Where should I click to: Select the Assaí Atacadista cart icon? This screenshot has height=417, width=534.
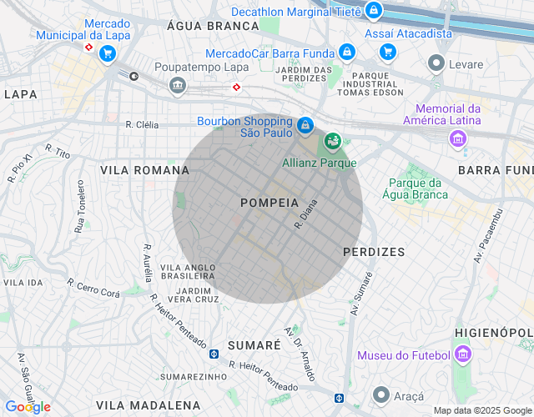point(387,52)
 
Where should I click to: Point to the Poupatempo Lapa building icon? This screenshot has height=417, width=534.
point(177,84)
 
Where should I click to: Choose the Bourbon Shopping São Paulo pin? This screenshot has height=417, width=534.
point(305,125)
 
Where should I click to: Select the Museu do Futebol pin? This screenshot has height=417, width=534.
point(463,356)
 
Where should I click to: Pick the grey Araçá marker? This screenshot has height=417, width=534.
point(381,394)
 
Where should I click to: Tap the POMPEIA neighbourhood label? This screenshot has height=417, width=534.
point(269,203)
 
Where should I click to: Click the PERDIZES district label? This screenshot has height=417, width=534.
point(373,251)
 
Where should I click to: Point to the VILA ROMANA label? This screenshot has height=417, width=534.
point(144,170)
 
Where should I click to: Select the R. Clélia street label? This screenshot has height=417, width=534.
point(142,125)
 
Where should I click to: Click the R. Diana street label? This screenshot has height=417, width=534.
point(306,214)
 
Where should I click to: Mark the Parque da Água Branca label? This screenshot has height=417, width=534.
point(417,188)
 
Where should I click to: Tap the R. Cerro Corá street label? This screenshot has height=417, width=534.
point(93,289)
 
